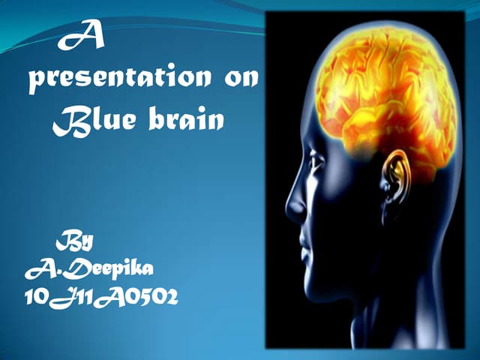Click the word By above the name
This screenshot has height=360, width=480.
(x=75, y=241)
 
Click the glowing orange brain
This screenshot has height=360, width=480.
(x=382, y=90)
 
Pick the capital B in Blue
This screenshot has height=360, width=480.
(x=66, y=120)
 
